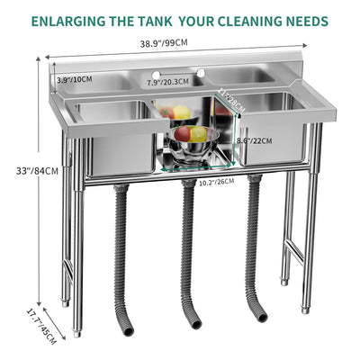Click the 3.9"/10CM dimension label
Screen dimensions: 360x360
click(76, 80)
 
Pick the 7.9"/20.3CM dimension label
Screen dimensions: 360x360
click(167, 81)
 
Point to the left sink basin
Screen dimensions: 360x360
click(113, 135)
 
